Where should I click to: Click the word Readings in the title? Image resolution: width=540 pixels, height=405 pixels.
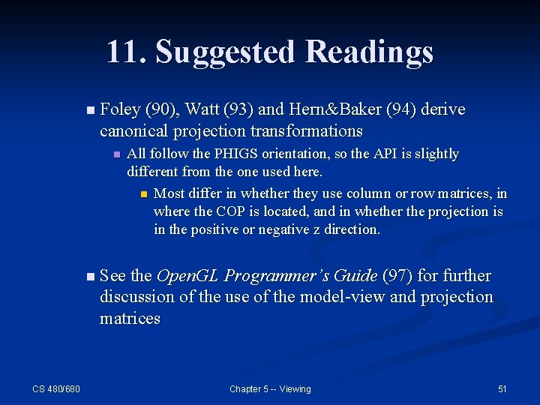click(370, 52)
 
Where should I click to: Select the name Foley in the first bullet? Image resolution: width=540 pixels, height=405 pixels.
click(120, 110)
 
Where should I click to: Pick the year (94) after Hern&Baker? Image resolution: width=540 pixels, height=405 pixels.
click(400, 110)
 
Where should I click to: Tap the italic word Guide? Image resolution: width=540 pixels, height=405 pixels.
click(355, 276)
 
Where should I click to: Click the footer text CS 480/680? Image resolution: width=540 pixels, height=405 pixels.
click(56, 388)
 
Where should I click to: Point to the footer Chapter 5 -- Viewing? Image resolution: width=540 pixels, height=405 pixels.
click(270, 388)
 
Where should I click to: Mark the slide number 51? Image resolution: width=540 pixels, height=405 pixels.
click(502, 388)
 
